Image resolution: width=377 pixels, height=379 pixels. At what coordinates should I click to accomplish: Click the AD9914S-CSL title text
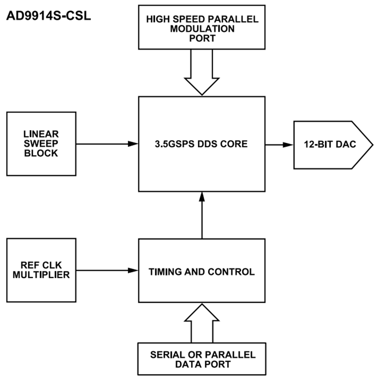click(x=48, y=18)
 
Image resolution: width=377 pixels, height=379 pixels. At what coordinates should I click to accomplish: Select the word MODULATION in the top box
click(x=202, y=29)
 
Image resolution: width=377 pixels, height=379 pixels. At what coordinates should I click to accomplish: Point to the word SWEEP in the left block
click(x=41, y=144)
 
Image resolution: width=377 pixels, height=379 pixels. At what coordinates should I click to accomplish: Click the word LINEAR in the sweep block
click(x=41, y=134)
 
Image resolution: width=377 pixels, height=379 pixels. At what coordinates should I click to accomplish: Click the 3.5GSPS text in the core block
click(x=175, y=144)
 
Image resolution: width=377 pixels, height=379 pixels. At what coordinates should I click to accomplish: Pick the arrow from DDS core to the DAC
click(x=279, y=144)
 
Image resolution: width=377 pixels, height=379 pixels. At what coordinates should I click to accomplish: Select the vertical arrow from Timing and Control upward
click(x=202, y=215)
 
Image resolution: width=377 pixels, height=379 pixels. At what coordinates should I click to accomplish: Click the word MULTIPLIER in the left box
click(x=41, y=275)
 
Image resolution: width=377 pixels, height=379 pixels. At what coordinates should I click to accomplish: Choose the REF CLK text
click(x=41, y=266)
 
